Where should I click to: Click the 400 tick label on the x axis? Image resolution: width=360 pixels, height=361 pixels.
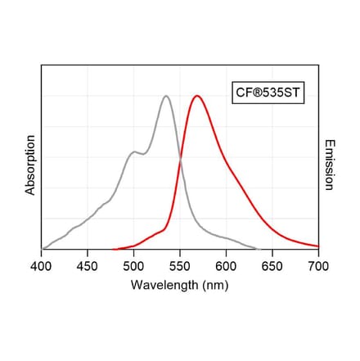tap(41, 266)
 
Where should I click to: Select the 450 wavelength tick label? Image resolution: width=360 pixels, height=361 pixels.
tap(88, 266)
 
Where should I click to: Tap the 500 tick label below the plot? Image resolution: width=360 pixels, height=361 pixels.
tap(133, 266)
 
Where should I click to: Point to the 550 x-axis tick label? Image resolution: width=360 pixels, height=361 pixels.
tap(180, 266)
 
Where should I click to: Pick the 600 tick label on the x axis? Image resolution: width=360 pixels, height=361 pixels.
tap(226, 266)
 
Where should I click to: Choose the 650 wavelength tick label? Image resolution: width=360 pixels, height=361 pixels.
tap(272, 266)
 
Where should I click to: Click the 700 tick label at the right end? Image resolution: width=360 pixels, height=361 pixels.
tap(318, 266)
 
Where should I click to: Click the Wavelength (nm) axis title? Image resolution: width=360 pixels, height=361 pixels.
tap(180, 285)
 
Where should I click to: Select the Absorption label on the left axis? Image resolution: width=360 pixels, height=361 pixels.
tap(30, 165)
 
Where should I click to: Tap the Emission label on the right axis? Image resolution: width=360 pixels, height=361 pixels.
tap(329, 165)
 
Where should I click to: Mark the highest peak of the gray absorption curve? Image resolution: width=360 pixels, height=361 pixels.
tap(166, 96)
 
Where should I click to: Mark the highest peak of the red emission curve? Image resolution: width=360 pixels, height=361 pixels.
tap(196, 96)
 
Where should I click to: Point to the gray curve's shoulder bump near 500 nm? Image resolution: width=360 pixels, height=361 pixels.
tap(133, 151)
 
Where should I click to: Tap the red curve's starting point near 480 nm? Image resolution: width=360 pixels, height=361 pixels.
tap(115, 249)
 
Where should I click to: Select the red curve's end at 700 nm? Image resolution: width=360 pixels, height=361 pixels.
tap(318, 246)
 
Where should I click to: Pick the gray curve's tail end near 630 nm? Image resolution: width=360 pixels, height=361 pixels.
tap(255, 249)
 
